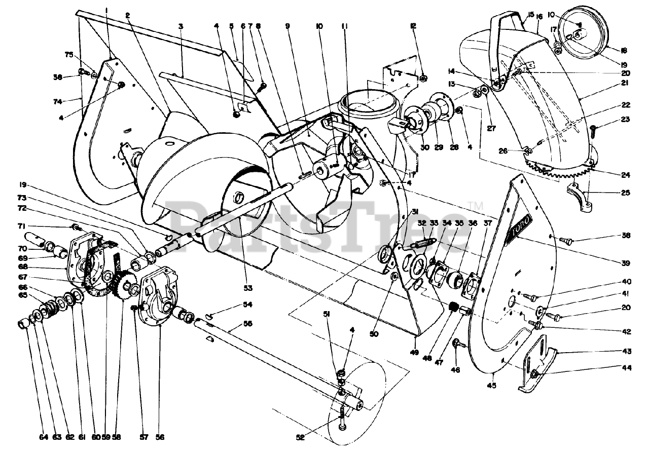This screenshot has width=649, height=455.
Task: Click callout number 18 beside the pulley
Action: click(x=624, y=50)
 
